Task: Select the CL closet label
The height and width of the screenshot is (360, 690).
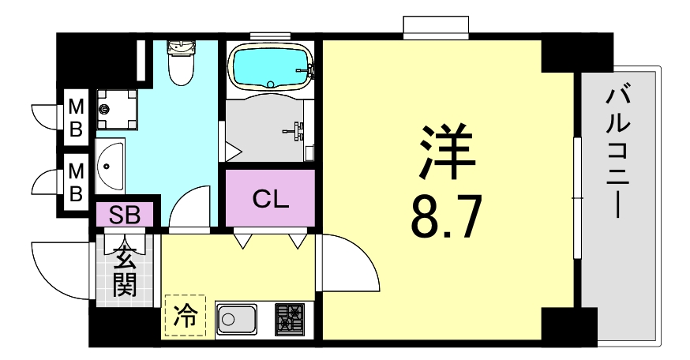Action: pos(270,199)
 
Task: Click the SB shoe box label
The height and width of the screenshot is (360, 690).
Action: pos(126,215)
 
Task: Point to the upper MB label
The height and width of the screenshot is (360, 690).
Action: pos(76,116)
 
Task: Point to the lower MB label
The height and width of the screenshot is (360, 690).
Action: pos(76,181)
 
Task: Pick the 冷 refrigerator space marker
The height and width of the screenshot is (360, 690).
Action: pos(184,317)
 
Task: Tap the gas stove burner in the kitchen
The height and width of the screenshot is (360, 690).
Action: pos(292,320)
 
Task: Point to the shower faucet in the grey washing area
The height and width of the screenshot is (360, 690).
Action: pos(298,129)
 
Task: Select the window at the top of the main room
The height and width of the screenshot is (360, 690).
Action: pos(437,28)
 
